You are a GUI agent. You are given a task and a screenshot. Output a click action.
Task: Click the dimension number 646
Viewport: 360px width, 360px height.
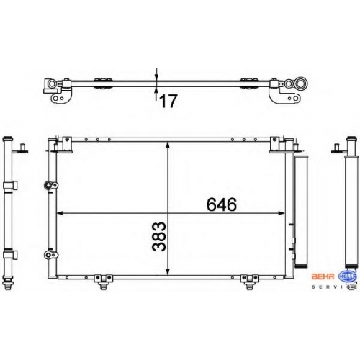(x=222, y=204)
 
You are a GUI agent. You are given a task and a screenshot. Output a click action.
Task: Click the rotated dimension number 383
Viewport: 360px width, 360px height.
(x=159, y=236)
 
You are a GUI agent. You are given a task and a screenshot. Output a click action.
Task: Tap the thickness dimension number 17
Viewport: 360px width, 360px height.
(x=168, y=101)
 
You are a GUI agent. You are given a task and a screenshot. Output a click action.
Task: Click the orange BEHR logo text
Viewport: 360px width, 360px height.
(x=323, y=276)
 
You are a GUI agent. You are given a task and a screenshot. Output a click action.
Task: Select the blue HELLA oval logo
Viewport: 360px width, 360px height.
(x=347, y=276)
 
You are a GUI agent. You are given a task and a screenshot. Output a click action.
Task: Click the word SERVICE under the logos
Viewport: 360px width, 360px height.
(x=334, y=287)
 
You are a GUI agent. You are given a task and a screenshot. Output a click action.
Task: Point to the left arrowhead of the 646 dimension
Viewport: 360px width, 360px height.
(x=59, y=213)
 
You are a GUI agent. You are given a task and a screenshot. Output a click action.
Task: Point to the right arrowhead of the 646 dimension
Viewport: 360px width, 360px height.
(x=282, y=213)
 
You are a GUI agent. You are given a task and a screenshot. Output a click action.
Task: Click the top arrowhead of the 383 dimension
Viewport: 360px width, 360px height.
(x=168, y=145)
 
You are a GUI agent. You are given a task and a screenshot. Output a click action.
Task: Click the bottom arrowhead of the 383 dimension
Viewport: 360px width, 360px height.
(x=168, y=271)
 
